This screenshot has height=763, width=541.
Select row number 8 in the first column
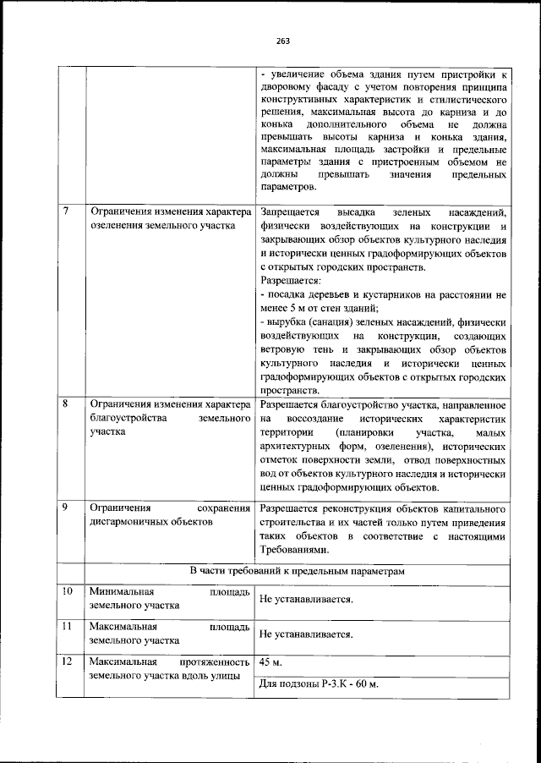(x=66, y=403)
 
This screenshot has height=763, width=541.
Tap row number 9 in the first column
(x=66, y=508)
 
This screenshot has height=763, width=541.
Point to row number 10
(x=68, y=590)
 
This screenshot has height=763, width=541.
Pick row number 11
(x=68, y=626)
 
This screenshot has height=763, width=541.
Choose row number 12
(x=68, y=661)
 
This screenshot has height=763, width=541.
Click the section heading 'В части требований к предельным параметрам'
(x=297, y=572)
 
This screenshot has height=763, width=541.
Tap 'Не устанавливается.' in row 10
(x=306, y=599)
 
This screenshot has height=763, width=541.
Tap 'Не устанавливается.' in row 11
(x=306, y=634)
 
